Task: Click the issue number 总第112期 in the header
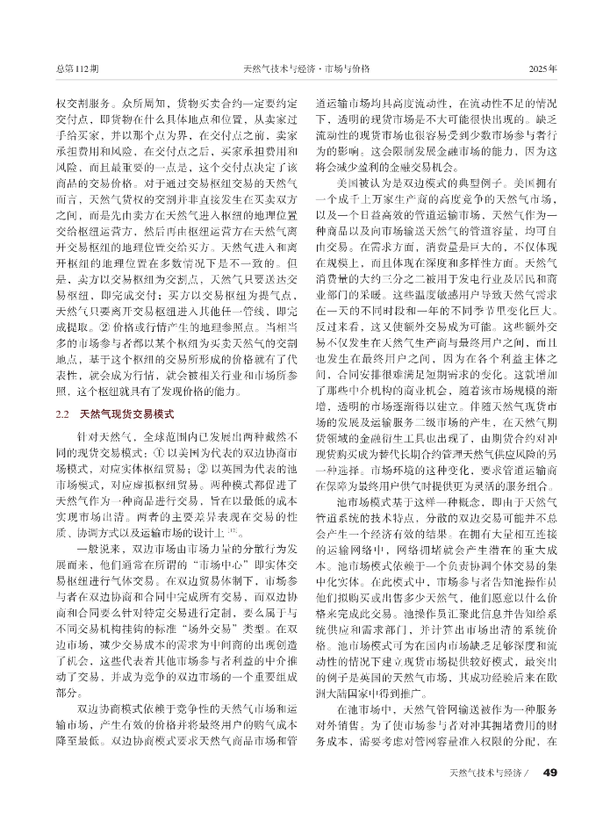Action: pos(76,68)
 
